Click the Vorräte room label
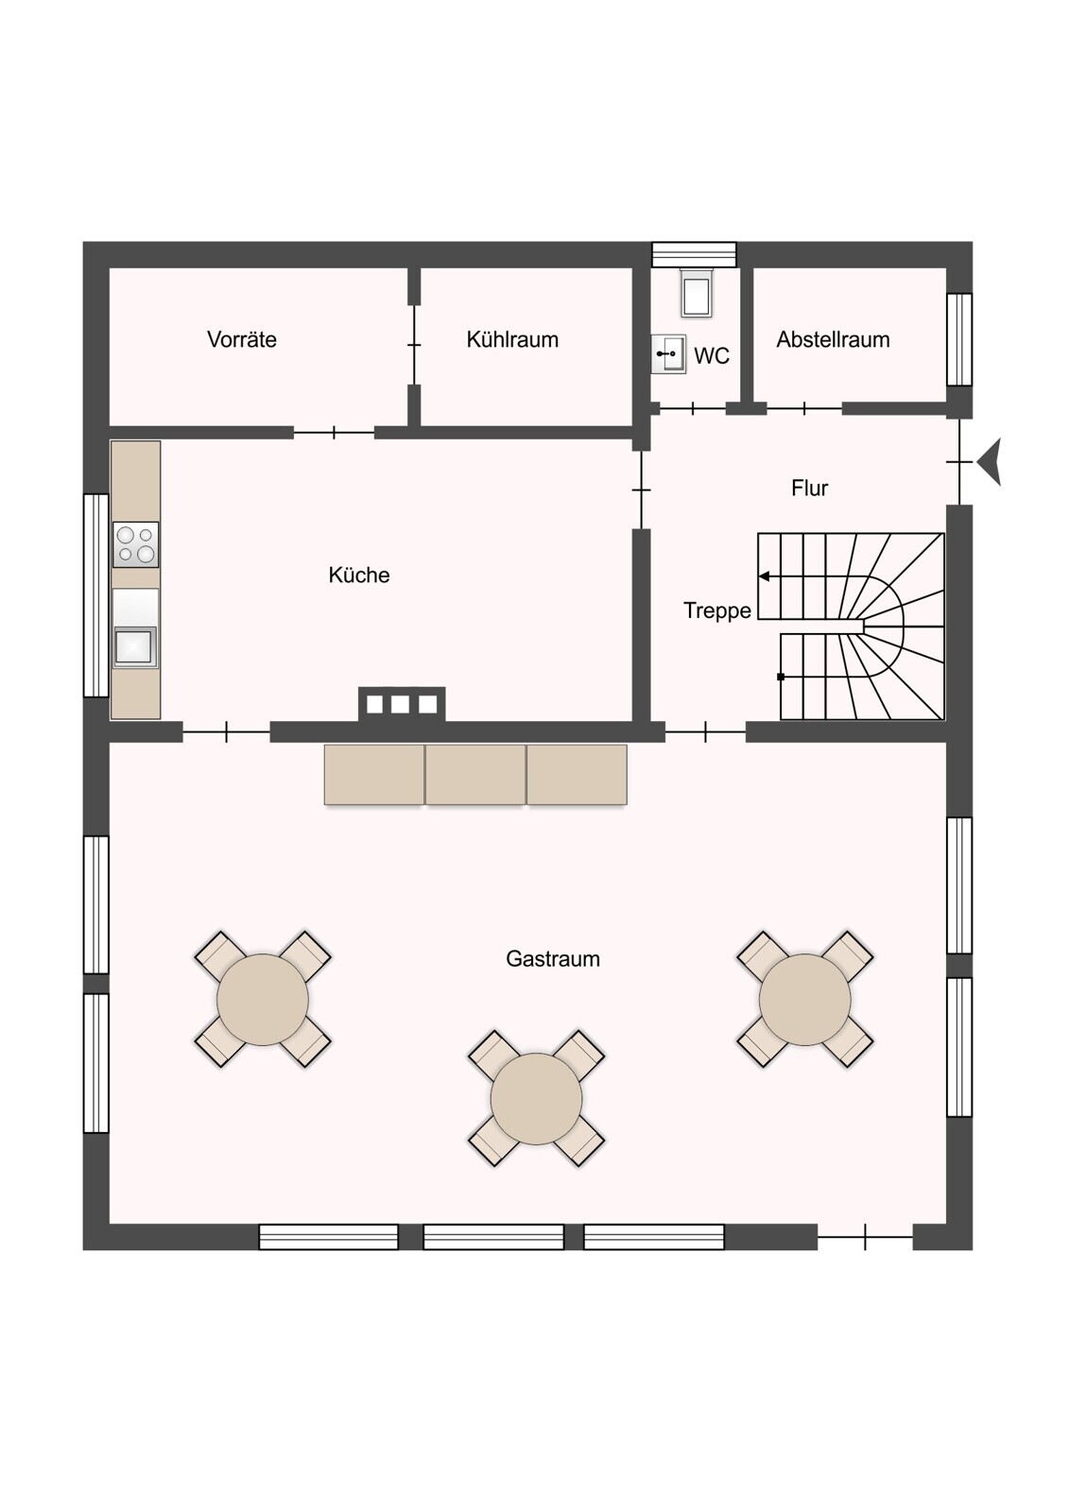(x=242, y=339)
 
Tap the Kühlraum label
(x=512, y=339)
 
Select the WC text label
(x=712, y=355)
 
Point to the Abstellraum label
(x=833, y=339)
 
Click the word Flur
(x=810, y=488)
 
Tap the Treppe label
(x=717, y=610)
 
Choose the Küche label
(x=359, y=575)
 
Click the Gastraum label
(x=553, y=958)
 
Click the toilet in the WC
(x=697, y=293)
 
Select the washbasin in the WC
(x=668, y=353)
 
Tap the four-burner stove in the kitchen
(x=136, y=544)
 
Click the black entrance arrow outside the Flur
(x=990, y=462)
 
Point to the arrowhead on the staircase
(x=764, y=576)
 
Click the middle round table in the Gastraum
(x=536, y=1098)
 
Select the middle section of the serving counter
(x=475, y=774)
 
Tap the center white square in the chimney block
(x=401, y=704)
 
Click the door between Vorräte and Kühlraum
(x=414, y=345)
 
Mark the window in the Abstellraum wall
(x=959, y=339)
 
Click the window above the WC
(x=694, y=255)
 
